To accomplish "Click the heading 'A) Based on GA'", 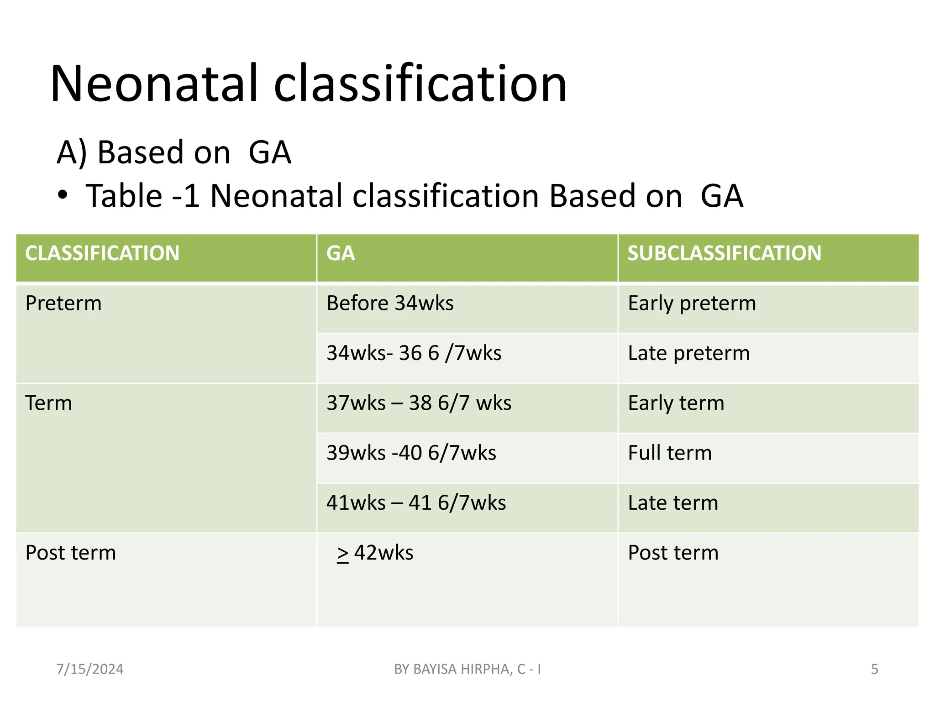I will coord(173,152).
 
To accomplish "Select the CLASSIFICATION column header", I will coord(102,253).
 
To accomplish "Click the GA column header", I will coord(341,253).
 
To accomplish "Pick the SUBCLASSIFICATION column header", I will coord(724,253).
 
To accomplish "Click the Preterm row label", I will coord(63,303).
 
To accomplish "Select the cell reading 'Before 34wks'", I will coord(390,303).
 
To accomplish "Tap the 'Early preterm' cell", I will coord(692,303).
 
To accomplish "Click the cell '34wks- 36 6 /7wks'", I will coord(414,353).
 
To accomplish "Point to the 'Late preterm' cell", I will coord(688,353).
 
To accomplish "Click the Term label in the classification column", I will coord(49,403).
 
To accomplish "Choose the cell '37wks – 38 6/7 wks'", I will coord(419,403).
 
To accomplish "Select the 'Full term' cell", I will coord(670,453).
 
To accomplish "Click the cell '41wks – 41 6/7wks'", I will coord(416,503).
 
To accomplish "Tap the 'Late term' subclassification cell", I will coord(673,503).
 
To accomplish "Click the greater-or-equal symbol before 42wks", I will coord(343,554).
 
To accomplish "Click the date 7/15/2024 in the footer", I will coord(90,669).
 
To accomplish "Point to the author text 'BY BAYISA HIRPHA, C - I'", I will coord(467,669).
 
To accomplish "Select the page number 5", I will coord(874,669).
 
